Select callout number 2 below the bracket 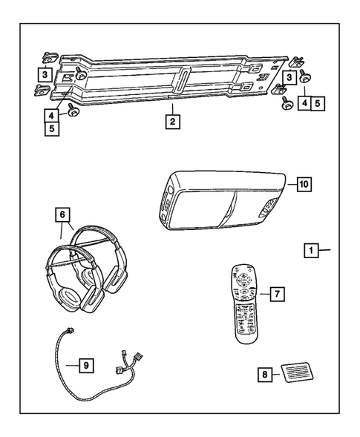click(x=171, y=121)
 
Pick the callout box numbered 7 click(x=275, y=295)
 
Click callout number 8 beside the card click(x=264, y=375)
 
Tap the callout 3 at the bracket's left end click(x=45, y=74)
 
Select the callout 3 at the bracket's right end click(x=285, y=77)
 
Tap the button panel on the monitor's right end click(x=270, y=210)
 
